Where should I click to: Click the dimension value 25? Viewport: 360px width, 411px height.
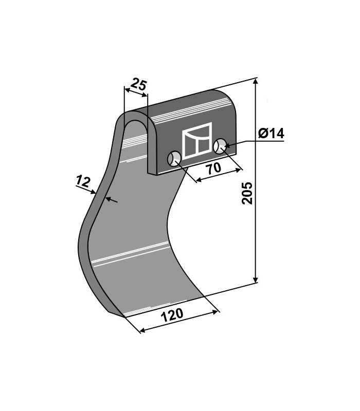138,84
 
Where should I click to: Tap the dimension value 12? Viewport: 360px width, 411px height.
83,181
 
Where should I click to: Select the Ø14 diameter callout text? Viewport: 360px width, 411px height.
271,134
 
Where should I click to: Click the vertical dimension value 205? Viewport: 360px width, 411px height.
247,194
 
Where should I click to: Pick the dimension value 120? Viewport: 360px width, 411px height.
172,315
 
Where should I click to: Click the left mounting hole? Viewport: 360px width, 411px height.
174,159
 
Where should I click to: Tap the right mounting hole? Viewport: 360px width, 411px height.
220,146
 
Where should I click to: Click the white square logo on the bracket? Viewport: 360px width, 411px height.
197,141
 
